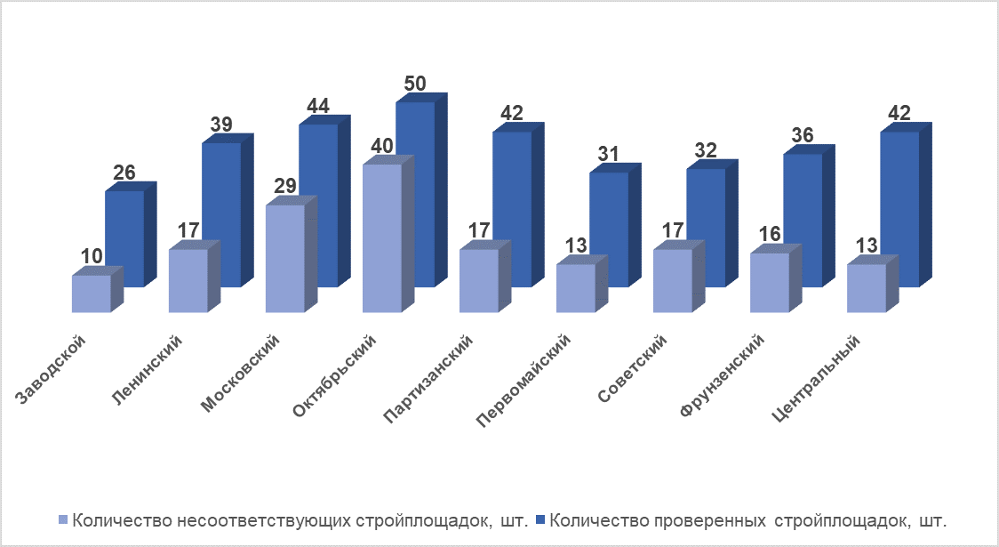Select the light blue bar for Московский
[285, 258]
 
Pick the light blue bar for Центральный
[867, 288]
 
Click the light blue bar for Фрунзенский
[770, 283]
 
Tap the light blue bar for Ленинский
[188, 280]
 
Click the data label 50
[414, 84]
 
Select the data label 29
[285, 189]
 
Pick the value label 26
[124, 173]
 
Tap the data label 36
[802, 136]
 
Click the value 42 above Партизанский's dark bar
[511, 114]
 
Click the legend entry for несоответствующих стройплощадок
[292, 519]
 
